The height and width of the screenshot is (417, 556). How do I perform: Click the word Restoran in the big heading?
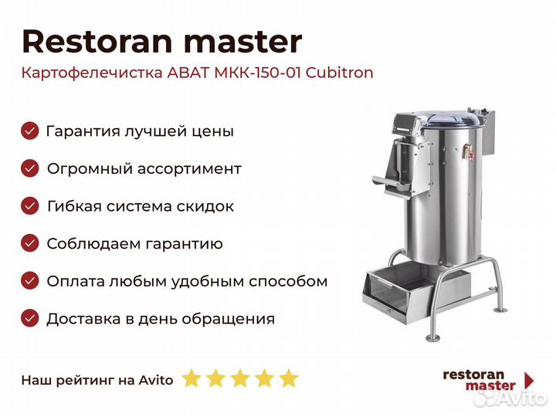[x=97, y=42]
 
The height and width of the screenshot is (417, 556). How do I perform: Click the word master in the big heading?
[x=243, y=42]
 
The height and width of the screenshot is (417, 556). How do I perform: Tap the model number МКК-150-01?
[x=258, y=73]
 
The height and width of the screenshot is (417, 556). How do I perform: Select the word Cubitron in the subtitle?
[x=339, y=73]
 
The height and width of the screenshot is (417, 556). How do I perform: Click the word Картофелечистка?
[x=92, y=73]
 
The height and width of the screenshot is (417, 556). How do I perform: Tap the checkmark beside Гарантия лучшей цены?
[x=30, y=131]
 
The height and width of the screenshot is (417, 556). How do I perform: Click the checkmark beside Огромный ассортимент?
[x=30, y=168]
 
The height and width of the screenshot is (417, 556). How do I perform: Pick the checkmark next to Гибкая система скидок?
[x=30, y=206]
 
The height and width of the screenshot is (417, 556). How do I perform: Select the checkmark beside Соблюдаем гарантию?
[x=30, y=243]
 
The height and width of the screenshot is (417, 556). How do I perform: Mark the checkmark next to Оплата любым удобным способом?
[x=30, y=281]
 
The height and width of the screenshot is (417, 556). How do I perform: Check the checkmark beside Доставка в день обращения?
[x=30, y=318]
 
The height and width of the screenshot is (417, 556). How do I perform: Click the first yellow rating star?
[x=192, y=378]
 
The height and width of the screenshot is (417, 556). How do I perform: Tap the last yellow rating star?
[x=289, y=378]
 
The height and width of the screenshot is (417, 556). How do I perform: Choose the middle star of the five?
[x=240, y=378]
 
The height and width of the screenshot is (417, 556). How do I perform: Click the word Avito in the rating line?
[x=156, y=380]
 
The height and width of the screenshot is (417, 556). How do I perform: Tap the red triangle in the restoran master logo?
[x=530, y=380]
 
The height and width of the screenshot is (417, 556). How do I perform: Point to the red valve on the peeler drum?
[x=469, y=153]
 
